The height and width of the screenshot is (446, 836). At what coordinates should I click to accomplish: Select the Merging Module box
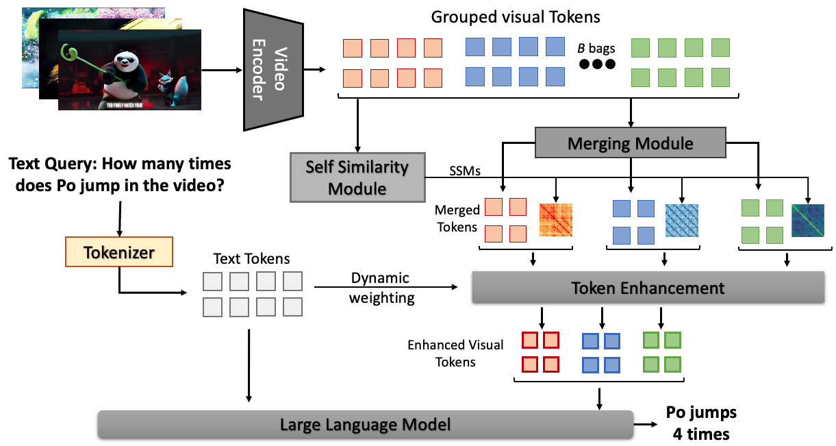[x=631, y=143]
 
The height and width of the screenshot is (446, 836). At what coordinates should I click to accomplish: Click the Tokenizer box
[x=119, y=253]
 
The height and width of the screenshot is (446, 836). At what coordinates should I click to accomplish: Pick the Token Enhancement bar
[x=648, y=288]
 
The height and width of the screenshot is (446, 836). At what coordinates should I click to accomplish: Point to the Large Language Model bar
[x=365, y=425]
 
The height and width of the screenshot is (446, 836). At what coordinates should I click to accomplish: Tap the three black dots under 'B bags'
[x=597, y=64]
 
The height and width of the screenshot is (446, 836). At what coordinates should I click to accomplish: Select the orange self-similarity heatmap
[x=555, y=220]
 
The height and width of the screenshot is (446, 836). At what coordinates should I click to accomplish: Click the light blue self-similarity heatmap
[x=682, y=220]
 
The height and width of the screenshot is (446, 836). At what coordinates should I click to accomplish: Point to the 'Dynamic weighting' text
[x=381, y=288]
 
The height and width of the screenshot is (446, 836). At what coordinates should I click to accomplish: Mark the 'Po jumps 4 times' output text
[x=701, y=423]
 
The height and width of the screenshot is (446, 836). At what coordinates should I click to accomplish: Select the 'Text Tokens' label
[x=251, y=259]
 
